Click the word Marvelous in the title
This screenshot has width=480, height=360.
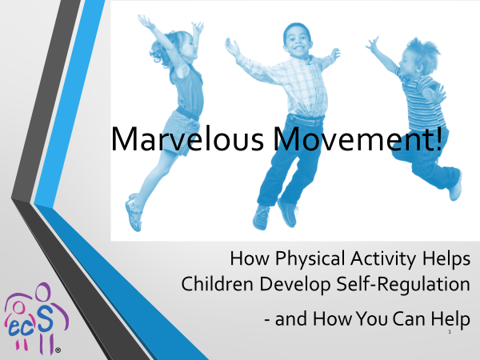coord(187,139)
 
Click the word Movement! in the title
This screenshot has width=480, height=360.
coord(358,138)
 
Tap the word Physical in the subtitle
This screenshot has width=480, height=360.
coord(310,259)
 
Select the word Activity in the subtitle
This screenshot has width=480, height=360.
coord(383,259)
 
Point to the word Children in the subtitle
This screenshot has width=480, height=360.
coord(217,283)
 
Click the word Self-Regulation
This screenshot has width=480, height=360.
coord(403,285)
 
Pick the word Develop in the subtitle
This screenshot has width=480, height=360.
coord(295,285)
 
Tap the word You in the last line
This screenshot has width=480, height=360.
coord(372,318)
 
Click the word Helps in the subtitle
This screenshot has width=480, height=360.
coord(446,259)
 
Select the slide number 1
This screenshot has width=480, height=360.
coord(450,331)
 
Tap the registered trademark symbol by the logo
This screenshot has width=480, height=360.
coord(58,350)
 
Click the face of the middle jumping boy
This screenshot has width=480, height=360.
coord(298,41)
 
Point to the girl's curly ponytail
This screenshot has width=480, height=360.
coord(160,52)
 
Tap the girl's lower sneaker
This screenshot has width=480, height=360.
coord(133,213)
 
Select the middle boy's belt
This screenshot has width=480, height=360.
coord(306,120)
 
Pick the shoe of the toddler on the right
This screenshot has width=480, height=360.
coord(455,187)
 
